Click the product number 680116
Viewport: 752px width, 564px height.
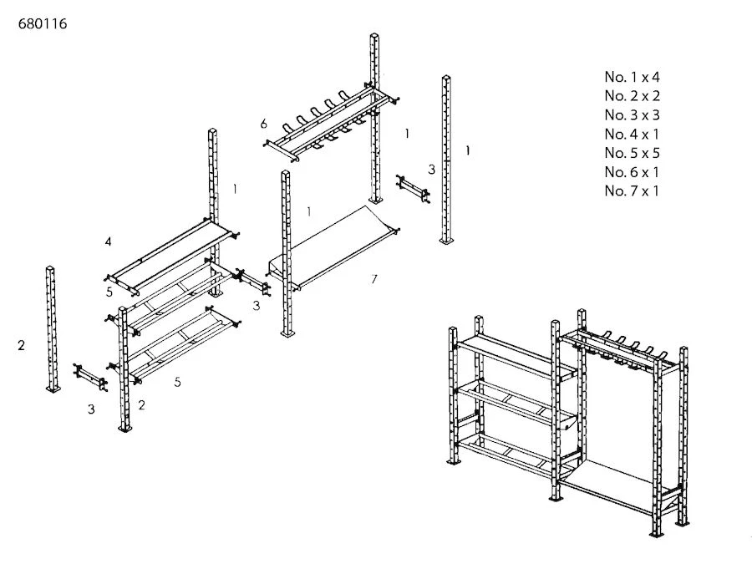point(42,24)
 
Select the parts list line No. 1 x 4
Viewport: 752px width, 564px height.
point(633,77)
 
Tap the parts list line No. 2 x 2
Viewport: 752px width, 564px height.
point(633,96)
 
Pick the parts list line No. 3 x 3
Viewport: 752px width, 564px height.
point(633,115)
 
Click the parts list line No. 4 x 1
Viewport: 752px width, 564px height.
point(633,135)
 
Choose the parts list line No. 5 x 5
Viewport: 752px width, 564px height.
point(633,153)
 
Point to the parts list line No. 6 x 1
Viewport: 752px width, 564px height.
point(633,172)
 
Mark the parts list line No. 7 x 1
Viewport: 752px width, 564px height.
point(633,191)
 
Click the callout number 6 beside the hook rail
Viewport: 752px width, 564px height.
point(264,124)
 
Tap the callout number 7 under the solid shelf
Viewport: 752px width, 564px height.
point(373,279)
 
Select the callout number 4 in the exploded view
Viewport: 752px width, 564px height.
point(109,242)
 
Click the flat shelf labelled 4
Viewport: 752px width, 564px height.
point(171,255)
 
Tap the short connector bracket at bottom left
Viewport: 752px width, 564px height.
point(90,378)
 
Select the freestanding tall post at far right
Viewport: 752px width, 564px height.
point(447,159)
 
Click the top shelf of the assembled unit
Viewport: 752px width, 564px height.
point(506,355)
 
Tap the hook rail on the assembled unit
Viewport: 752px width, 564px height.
point(618,347)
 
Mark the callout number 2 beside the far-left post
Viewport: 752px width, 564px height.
point(22,346)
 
